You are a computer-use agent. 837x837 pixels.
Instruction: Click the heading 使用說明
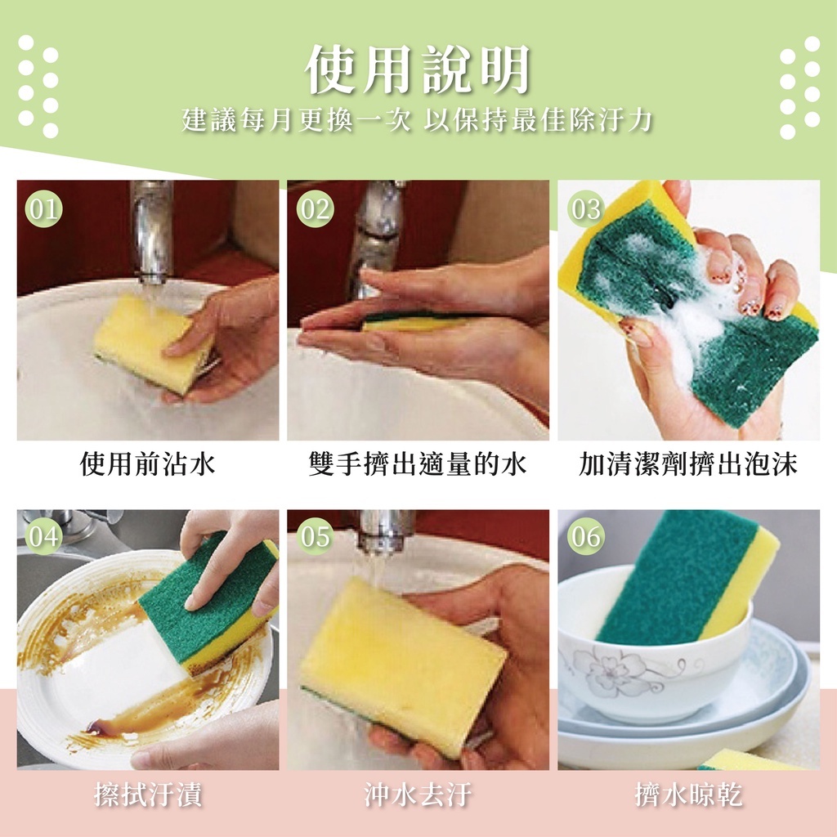click(418, 69)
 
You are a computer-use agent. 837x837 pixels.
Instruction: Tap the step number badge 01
click(44, 208)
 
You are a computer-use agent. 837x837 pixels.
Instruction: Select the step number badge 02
click(315, 208)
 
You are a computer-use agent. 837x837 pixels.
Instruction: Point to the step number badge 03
click(586, 208)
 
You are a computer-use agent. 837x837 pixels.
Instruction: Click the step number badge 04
click(44, 536)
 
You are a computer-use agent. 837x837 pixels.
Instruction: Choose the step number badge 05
click(315, 536)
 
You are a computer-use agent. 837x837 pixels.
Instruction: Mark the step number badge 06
click(586, 536)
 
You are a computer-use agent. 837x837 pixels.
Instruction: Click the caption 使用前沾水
click(147, 463)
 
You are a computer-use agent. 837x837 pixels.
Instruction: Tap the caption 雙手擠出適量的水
click(418, 463)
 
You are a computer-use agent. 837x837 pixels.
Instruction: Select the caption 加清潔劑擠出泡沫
click(688, 463)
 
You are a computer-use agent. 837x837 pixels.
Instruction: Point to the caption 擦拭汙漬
click(148, 794)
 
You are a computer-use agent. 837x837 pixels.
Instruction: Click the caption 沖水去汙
click(418, 794)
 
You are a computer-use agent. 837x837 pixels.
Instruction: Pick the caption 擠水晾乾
click(688, 794)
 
